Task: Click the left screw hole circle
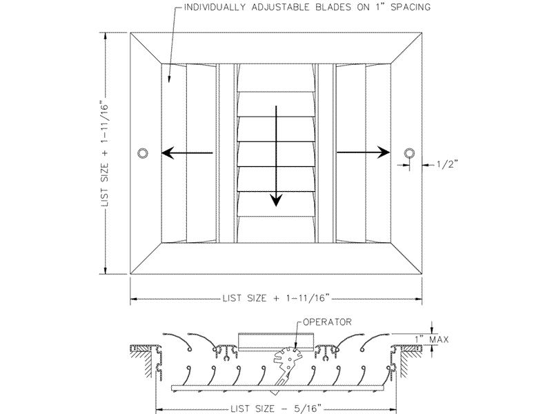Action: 143,153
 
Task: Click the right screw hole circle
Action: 409,153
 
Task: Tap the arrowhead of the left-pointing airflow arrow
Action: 168,153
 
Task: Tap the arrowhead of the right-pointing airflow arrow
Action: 384,152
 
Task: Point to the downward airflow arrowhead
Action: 277,200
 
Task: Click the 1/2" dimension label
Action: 447,164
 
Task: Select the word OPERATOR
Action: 327,322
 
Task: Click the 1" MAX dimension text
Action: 432,339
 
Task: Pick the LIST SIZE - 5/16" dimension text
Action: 276,408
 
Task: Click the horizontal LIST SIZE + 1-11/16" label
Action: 277,298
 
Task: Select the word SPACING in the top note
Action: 411,7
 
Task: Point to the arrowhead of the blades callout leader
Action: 170,79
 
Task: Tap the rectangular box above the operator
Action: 276,341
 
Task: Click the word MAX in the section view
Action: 440,339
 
